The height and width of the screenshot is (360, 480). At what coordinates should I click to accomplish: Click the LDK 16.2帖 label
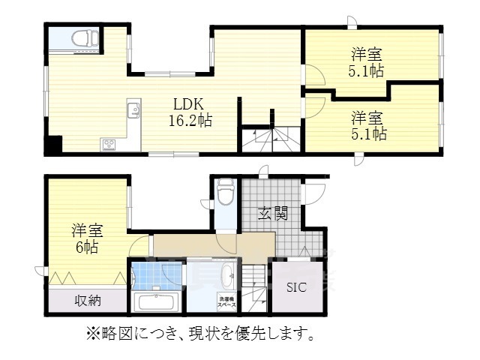tap(192, 112)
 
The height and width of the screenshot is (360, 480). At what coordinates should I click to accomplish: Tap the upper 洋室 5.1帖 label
tap(367, 63)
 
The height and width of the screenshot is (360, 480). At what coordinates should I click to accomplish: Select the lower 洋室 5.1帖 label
tap(369, 126)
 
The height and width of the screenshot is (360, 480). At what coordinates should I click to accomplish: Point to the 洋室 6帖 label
tap(87, 238)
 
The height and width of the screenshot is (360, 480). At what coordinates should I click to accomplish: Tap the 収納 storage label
tap(88, 301)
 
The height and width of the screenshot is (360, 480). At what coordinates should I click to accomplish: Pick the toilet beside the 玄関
tap(225, 193)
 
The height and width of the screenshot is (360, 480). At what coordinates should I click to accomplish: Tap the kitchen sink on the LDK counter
tap(135, 111)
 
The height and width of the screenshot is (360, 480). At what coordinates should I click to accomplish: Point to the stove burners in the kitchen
tap(109, 142)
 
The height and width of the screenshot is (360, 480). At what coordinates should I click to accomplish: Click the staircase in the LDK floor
tap(271, 138)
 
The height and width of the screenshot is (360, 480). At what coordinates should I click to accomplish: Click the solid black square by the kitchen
tap(52, 146)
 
